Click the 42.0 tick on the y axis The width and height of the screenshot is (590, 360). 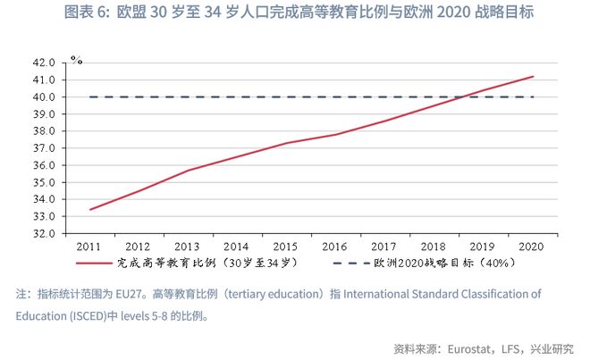click(x=45, y=63)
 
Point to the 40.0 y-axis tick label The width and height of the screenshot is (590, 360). click(x=45, y=97)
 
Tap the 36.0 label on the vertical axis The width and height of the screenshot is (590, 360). click(x=45, y=165)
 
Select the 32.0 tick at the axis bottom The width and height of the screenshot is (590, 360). click(x=45, y=233)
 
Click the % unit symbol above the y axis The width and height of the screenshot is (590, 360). click(x=77, y=61)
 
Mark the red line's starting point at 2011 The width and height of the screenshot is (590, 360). click(x=90, y=210)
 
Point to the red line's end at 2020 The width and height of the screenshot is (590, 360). click(x=534, y=77)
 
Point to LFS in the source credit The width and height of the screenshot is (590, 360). click(x=510, y=347)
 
